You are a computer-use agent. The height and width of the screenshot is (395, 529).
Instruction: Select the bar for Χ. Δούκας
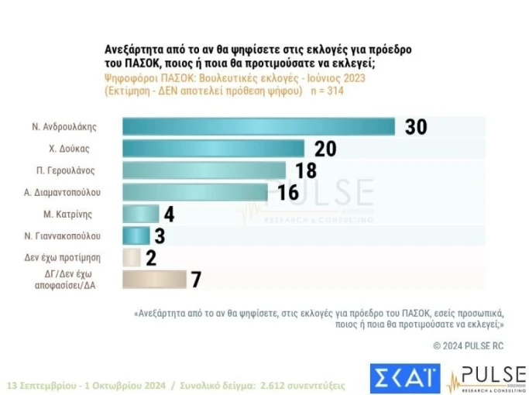coord(214,149)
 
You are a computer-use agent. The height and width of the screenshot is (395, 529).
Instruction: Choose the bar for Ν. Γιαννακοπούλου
coord(136,235)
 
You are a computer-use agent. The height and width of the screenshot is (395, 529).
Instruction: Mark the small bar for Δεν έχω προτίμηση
coord(132,257)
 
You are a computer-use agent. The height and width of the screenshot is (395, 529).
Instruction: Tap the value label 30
coord(416,127)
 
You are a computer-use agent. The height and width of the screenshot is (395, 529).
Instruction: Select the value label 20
coord(325,149)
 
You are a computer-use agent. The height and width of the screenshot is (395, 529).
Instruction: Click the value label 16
coord(288,192)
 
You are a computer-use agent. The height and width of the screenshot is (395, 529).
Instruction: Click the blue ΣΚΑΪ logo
coord(404,378)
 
